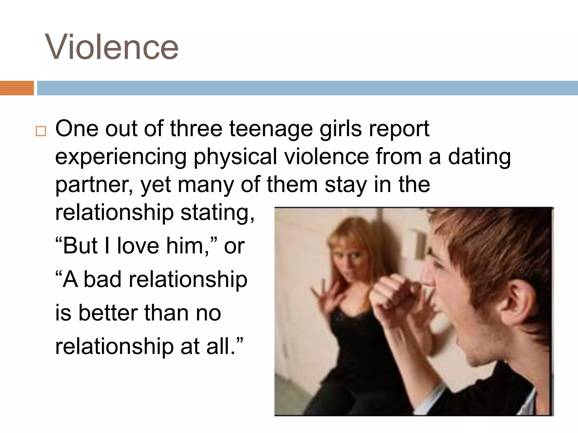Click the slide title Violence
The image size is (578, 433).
(112, 47)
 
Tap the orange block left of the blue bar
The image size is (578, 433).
(17, 88)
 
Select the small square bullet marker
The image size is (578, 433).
(41, 131)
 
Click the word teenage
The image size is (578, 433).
(271, 129)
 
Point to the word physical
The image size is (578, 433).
(235, 157)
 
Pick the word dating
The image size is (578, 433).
(479, 157)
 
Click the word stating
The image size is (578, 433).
(217, 213)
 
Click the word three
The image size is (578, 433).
(196, 129)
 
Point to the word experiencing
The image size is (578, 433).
(121, 157)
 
